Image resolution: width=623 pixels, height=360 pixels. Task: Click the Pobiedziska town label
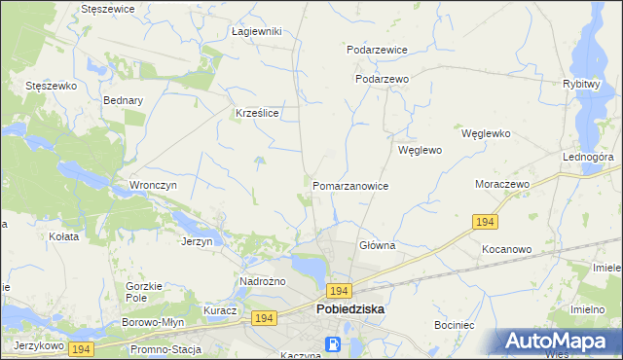click(x=349, y=309)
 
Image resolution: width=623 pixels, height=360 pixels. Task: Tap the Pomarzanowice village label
click(x=350, y=186)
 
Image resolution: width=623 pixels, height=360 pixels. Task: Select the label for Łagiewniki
click(x=257, y=31)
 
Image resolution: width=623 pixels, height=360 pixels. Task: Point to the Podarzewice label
click(x=377, y=50)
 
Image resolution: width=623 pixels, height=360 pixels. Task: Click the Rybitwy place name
click(x=580, y=85)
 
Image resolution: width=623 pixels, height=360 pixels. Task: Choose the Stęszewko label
click(x=51, y=86)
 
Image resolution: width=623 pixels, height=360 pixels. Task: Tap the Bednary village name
click(x=123, y=100)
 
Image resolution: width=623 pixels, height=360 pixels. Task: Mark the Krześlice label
click(x=258, y=114)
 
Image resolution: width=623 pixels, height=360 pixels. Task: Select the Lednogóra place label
click(x=587, y=157)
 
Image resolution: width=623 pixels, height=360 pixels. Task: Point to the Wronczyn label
click(x=152, y=185)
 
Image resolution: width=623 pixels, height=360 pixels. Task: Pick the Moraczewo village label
click(x=501, y=184)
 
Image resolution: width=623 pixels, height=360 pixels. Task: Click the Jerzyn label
click(x=197, y=241)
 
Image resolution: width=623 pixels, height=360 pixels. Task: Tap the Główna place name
click(x=377, y=246)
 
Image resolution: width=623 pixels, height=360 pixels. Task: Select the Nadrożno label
click(x=261, y=282)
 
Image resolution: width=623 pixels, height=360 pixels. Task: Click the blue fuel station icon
click(x=334, y=343)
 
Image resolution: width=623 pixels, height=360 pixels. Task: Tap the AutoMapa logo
click(x=560, y=341)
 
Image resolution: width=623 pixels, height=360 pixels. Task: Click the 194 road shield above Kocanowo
click(x=487, y=223)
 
